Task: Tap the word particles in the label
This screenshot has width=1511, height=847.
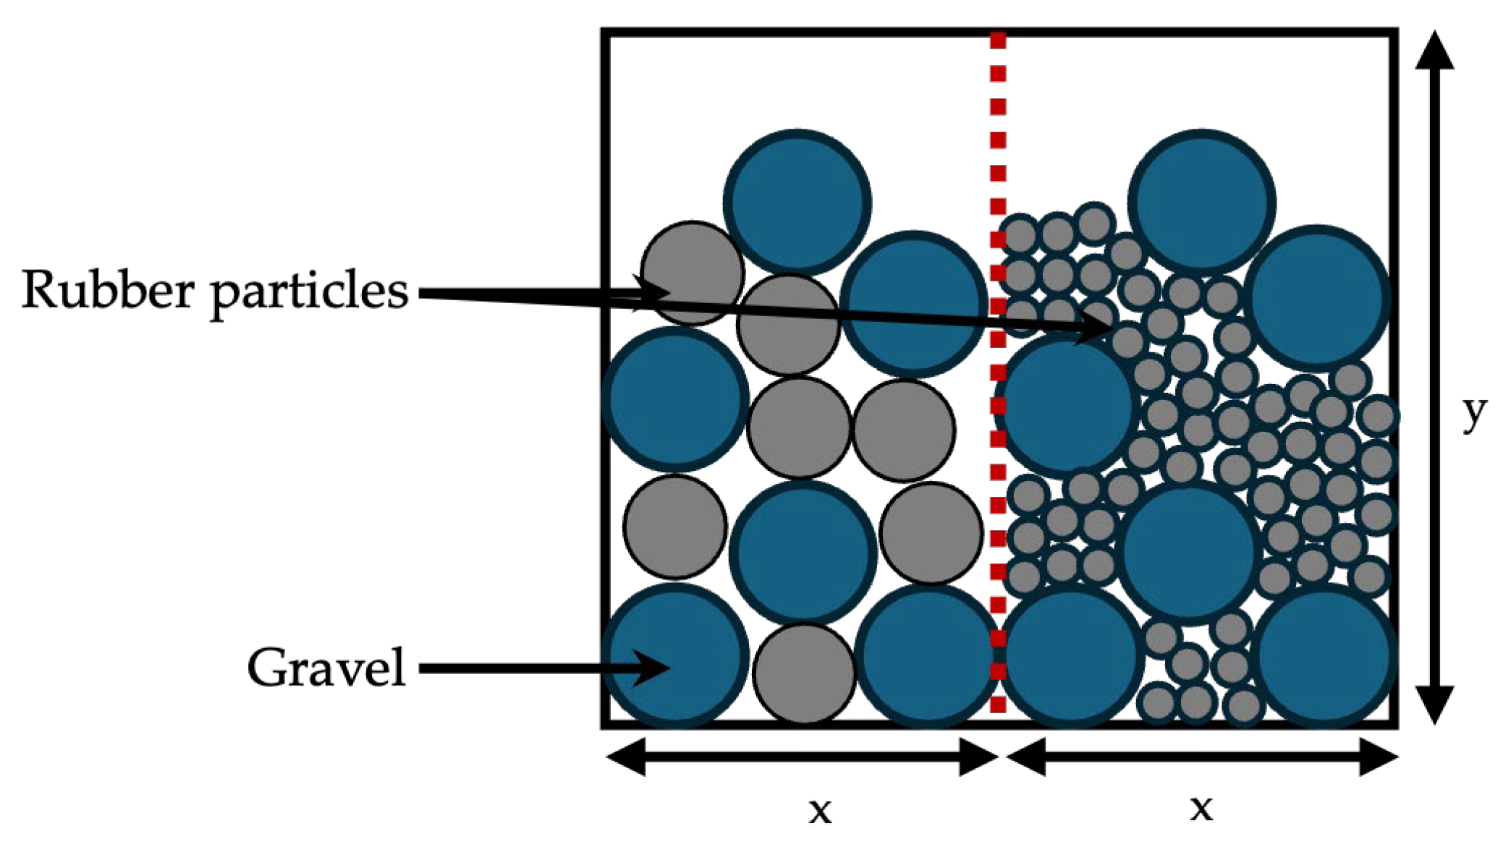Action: click(x=310, y=293)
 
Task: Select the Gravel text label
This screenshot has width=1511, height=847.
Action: click(x=326, y=668)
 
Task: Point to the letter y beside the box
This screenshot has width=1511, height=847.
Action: click(x=1474, y=414)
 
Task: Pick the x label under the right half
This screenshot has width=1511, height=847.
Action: click(x=1201, y=808)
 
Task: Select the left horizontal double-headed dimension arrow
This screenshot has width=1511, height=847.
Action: click(x=803, y=757)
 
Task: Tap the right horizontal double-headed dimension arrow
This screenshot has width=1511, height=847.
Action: click(x=1202, y=757)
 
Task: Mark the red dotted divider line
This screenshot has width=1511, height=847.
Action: click(x=998, y=373)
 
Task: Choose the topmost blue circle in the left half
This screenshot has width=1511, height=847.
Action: click(x=797, y=203)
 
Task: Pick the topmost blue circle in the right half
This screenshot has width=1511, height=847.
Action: click(x=1202, y=203)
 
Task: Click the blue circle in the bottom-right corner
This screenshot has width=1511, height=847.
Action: click(x=1324, y=657)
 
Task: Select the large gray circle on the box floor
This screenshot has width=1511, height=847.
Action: click(x=804, y=673)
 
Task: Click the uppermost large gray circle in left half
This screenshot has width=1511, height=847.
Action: click(x=693, y=273)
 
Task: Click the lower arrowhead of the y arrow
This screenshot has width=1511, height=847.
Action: click(x=1434, y=706)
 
